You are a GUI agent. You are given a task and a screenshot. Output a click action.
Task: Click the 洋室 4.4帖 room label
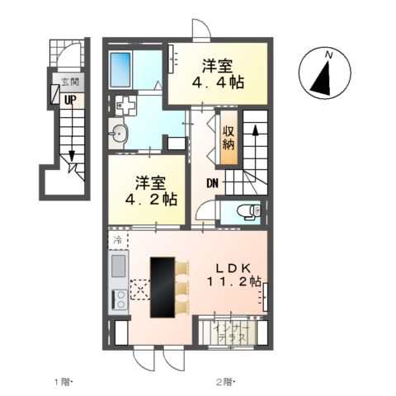tap(219, 73)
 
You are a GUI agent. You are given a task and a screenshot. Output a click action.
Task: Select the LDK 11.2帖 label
tap(233, 275)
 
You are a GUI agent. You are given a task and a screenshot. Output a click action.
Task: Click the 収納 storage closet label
tap(229, 138)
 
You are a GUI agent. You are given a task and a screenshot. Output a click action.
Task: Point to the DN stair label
tap(213, 183)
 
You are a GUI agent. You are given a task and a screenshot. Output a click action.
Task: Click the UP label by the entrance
tap(70, 100)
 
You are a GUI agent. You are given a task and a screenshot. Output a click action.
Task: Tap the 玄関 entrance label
tap(70, 82)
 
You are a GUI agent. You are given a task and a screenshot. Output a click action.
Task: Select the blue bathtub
tap(120, 70)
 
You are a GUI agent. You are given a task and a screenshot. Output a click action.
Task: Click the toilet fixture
tap(250, 212)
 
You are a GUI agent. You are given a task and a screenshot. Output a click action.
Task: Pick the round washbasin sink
tap(119, 134)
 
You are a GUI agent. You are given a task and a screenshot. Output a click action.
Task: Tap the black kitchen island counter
tap(163, 287)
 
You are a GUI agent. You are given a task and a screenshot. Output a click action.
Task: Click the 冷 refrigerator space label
tap(118, 241)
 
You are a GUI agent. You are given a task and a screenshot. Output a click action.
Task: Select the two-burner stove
tap(120, 300)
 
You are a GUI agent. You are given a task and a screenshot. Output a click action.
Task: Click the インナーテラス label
tap(232, 333)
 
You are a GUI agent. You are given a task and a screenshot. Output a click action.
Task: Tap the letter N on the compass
tap(328, 54)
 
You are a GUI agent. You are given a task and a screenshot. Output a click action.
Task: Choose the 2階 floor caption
tap(225, 382)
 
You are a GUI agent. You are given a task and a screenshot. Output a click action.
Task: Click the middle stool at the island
tap(182, 287)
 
